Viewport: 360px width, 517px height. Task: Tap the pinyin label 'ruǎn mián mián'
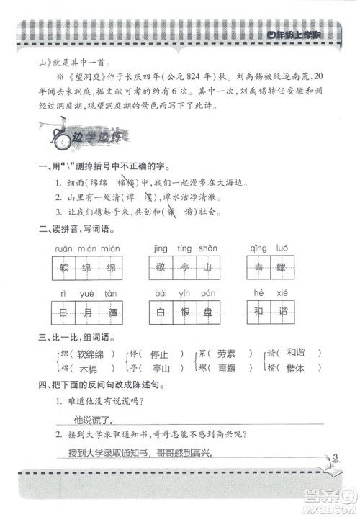click(86, 249)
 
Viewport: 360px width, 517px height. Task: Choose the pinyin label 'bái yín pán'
click(185, 294)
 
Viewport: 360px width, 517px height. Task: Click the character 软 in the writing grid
click(64, 269)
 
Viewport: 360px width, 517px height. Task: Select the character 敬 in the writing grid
click(163, 269)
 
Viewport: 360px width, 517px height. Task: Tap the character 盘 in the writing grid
click(207, 313)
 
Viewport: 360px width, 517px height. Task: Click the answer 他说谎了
click(96, 419)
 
